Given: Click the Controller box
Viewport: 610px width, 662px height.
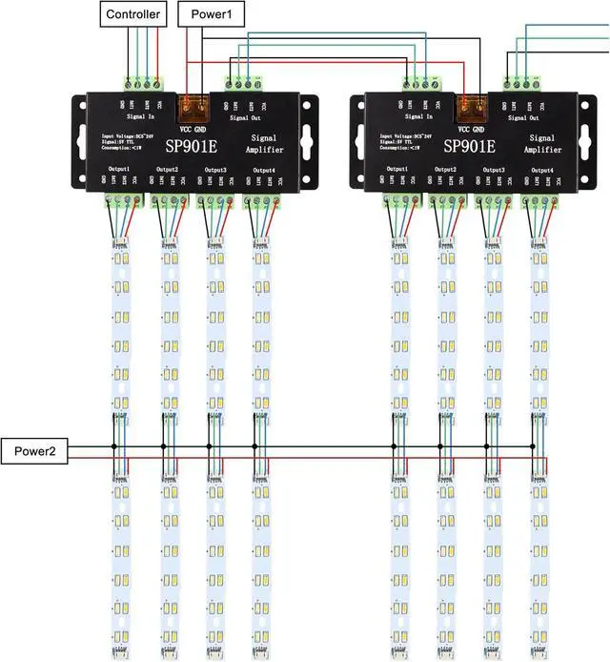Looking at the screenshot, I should tap(133, 13).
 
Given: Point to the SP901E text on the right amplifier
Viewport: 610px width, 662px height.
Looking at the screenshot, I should tap(464, 146).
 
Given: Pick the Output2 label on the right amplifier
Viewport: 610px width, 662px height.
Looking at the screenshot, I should tap(446, 170).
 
